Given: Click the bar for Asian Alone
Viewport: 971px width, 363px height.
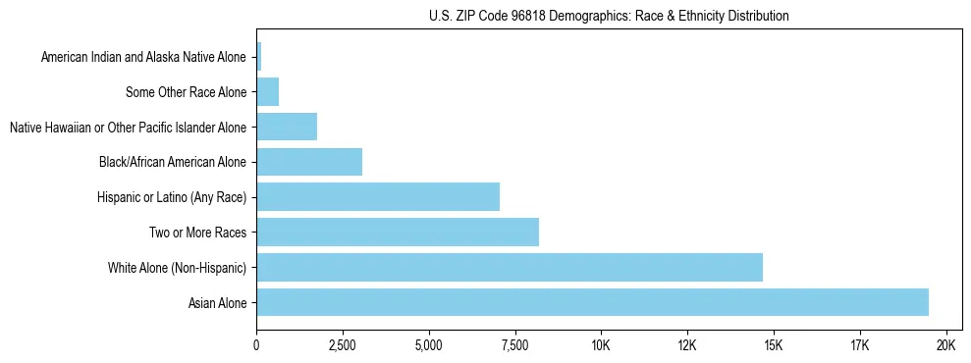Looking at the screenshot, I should [x=592, y=302].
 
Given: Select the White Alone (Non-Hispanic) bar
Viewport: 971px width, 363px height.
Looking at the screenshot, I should [x=510, y=267].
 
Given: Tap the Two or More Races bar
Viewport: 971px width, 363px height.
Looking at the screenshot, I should [x=398, y=233].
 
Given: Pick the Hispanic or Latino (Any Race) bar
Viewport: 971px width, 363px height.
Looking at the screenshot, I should [x=378, y=197].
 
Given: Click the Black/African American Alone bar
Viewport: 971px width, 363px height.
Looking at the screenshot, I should [x=309, y=162].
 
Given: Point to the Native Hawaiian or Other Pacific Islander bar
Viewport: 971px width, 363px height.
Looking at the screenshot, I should [x=287, y=127].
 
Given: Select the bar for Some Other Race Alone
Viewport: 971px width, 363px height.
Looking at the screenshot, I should [x=268, y=92].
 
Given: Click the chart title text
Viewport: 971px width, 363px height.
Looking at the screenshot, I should [x=609, y=16].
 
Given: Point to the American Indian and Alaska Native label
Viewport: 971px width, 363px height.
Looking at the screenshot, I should [x=144, y=57].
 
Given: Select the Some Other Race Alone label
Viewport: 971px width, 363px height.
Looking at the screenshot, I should [x=187, y=92].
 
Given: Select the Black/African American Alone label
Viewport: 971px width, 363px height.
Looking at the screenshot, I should [x=174, y=162].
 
